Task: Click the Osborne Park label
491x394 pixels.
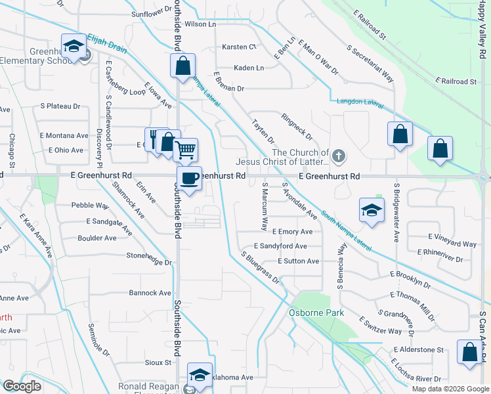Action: coord(316,313)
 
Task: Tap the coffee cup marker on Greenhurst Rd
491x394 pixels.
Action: coord(188,179)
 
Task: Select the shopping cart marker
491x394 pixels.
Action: coord(186,150)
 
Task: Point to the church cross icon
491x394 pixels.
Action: coord(338,156)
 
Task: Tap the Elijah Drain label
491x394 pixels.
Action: coord(106,39)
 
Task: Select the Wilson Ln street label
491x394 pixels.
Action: coord(200,24)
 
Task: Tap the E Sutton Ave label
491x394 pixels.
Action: coord(298,261)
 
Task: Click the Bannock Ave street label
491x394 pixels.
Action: coord(150,293)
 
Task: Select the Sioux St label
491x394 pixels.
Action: coord(158,362)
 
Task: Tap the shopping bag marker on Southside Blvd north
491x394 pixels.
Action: coord(182,66)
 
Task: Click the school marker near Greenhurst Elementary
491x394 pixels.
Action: coord(74,46)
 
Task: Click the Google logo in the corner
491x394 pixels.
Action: coord(21,386)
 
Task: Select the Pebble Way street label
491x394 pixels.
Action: coord(90,206)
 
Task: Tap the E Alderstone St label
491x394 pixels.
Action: coord(419,350)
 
